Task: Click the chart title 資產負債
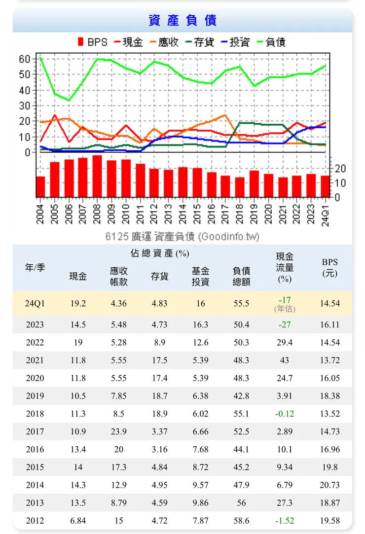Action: (x=182, y=20)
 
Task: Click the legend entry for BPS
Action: (x=93, y=42)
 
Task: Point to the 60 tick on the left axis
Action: (x=25, y=59)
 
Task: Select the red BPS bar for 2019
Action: (x=254, y=183)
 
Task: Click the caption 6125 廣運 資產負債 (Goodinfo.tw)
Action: (x=182, y=237)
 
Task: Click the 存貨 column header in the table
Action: (x=159, y=276)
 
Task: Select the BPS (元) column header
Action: (x=329, y=267)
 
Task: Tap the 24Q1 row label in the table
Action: (x=35, y=303)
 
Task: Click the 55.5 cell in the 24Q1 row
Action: (x=241, y=303)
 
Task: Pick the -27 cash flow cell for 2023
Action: (x=285, y=324)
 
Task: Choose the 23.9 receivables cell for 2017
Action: (x=119, y=431)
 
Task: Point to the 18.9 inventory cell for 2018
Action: (x=159, y=414)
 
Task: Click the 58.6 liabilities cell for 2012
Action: (x=241, y=521)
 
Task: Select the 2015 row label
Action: (x=35, y=467)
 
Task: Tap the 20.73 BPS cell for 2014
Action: (x=329, y=485)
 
